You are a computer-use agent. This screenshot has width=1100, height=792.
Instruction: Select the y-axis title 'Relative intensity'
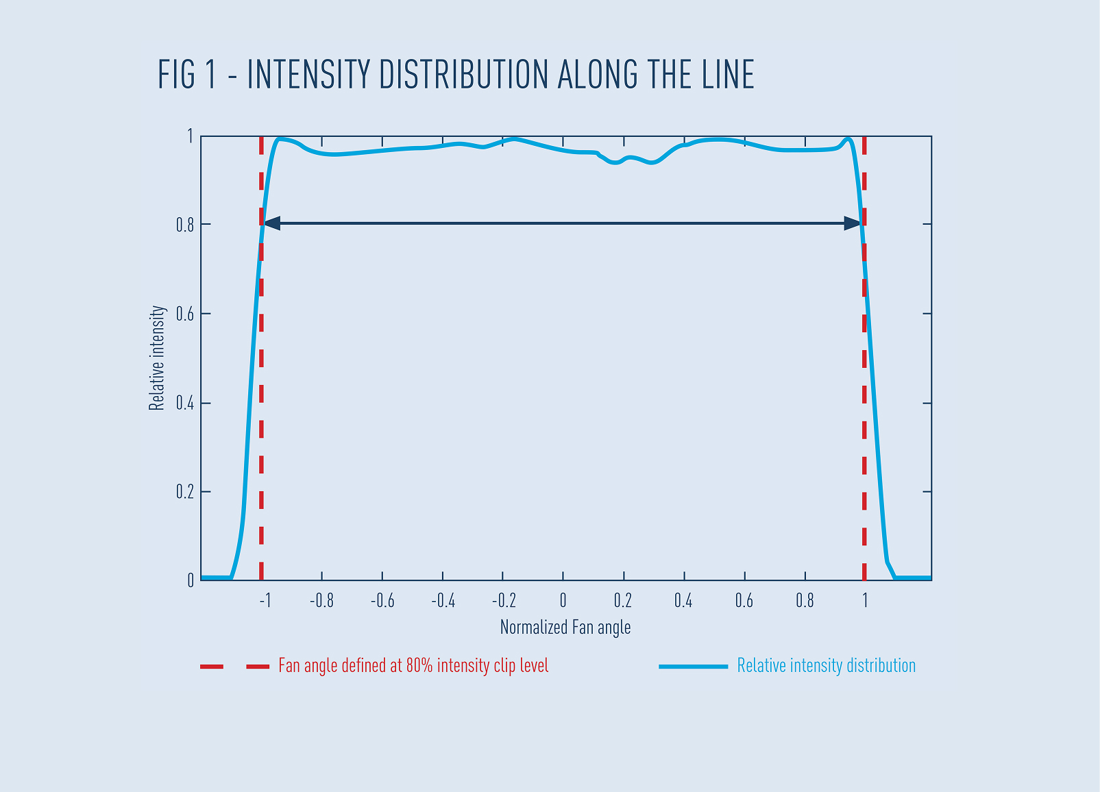(157, 358)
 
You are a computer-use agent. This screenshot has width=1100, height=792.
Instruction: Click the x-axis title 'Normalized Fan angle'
(565, 627)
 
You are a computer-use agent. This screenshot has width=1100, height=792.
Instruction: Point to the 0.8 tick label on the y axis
(185, 225)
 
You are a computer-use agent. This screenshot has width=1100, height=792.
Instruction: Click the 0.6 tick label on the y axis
(185, 314)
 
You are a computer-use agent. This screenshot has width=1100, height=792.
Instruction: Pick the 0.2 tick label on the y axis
(185, 492)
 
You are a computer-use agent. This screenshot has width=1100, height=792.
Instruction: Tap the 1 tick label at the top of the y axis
(190, 136)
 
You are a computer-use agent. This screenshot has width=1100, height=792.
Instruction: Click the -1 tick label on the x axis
(265, 601)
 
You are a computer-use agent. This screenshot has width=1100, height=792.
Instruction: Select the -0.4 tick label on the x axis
(443, 601)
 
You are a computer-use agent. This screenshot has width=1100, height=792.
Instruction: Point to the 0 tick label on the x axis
(563, 601)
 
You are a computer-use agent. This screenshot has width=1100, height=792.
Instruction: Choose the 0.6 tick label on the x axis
(744, 601)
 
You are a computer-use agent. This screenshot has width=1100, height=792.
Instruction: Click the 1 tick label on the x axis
(865, 601)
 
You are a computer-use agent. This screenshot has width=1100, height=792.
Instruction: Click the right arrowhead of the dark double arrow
(853, 223)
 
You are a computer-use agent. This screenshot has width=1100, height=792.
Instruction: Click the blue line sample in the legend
(693, 666)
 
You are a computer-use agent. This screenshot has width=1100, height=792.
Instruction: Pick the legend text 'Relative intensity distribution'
(826, 666)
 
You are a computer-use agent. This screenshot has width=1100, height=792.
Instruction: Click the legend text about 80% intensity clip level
(413, 666)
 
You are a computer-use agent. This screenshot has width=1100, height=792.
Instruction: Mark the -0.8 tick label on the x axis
(321, 601)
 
